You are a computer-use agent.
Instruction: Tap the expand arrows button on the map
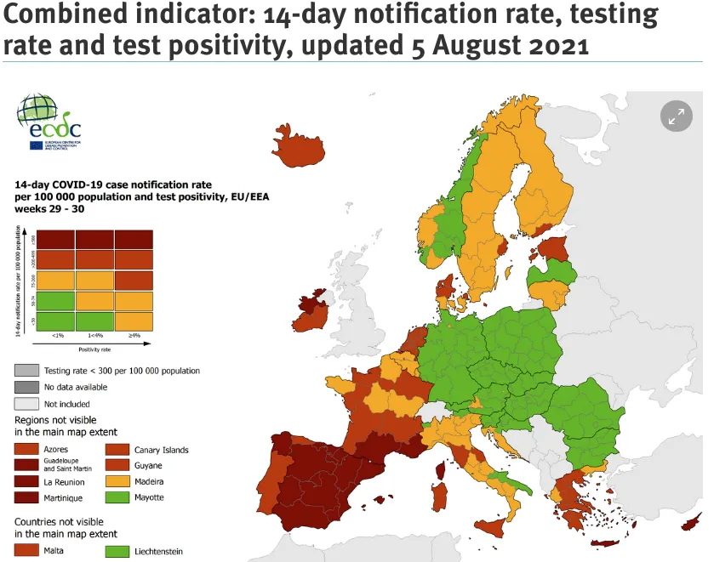pyautogui.click(x=677, y=118)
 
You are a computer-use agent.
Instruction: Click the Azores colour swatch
pyautogui.click(x=26, y=449)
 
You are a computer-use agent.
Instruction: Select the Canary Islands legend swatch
pyautogui.click(x=117, y=449)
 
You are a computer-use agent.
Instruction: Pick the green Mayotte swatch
pyautogui.click(x=117, y=497)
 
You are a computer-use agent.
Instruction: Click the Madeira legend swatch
pyautogui.click(x=117, y=481)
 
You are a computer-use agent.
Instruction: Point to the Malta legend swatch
pyautogui.click(x=26, y=551)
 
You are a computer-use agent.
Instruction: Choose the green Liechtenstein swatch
pyautogui.click(x=117, y=551)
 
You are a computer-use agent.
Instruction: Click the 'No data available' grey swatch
pyautogui.click(x=26, y=387)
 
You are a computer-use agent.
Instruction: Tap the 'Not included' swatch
pyautogui.click(x=26, y=404)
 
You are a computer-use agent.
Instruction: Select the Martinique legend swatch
pyautogui.click(x=26, y=497)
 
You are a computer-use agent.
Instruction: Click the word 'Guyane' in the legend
pyautogui.click(x=148, y=466)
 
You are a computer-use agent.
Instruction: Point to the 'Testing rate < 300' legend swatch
pyautogui.click(x=26, y=371)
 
